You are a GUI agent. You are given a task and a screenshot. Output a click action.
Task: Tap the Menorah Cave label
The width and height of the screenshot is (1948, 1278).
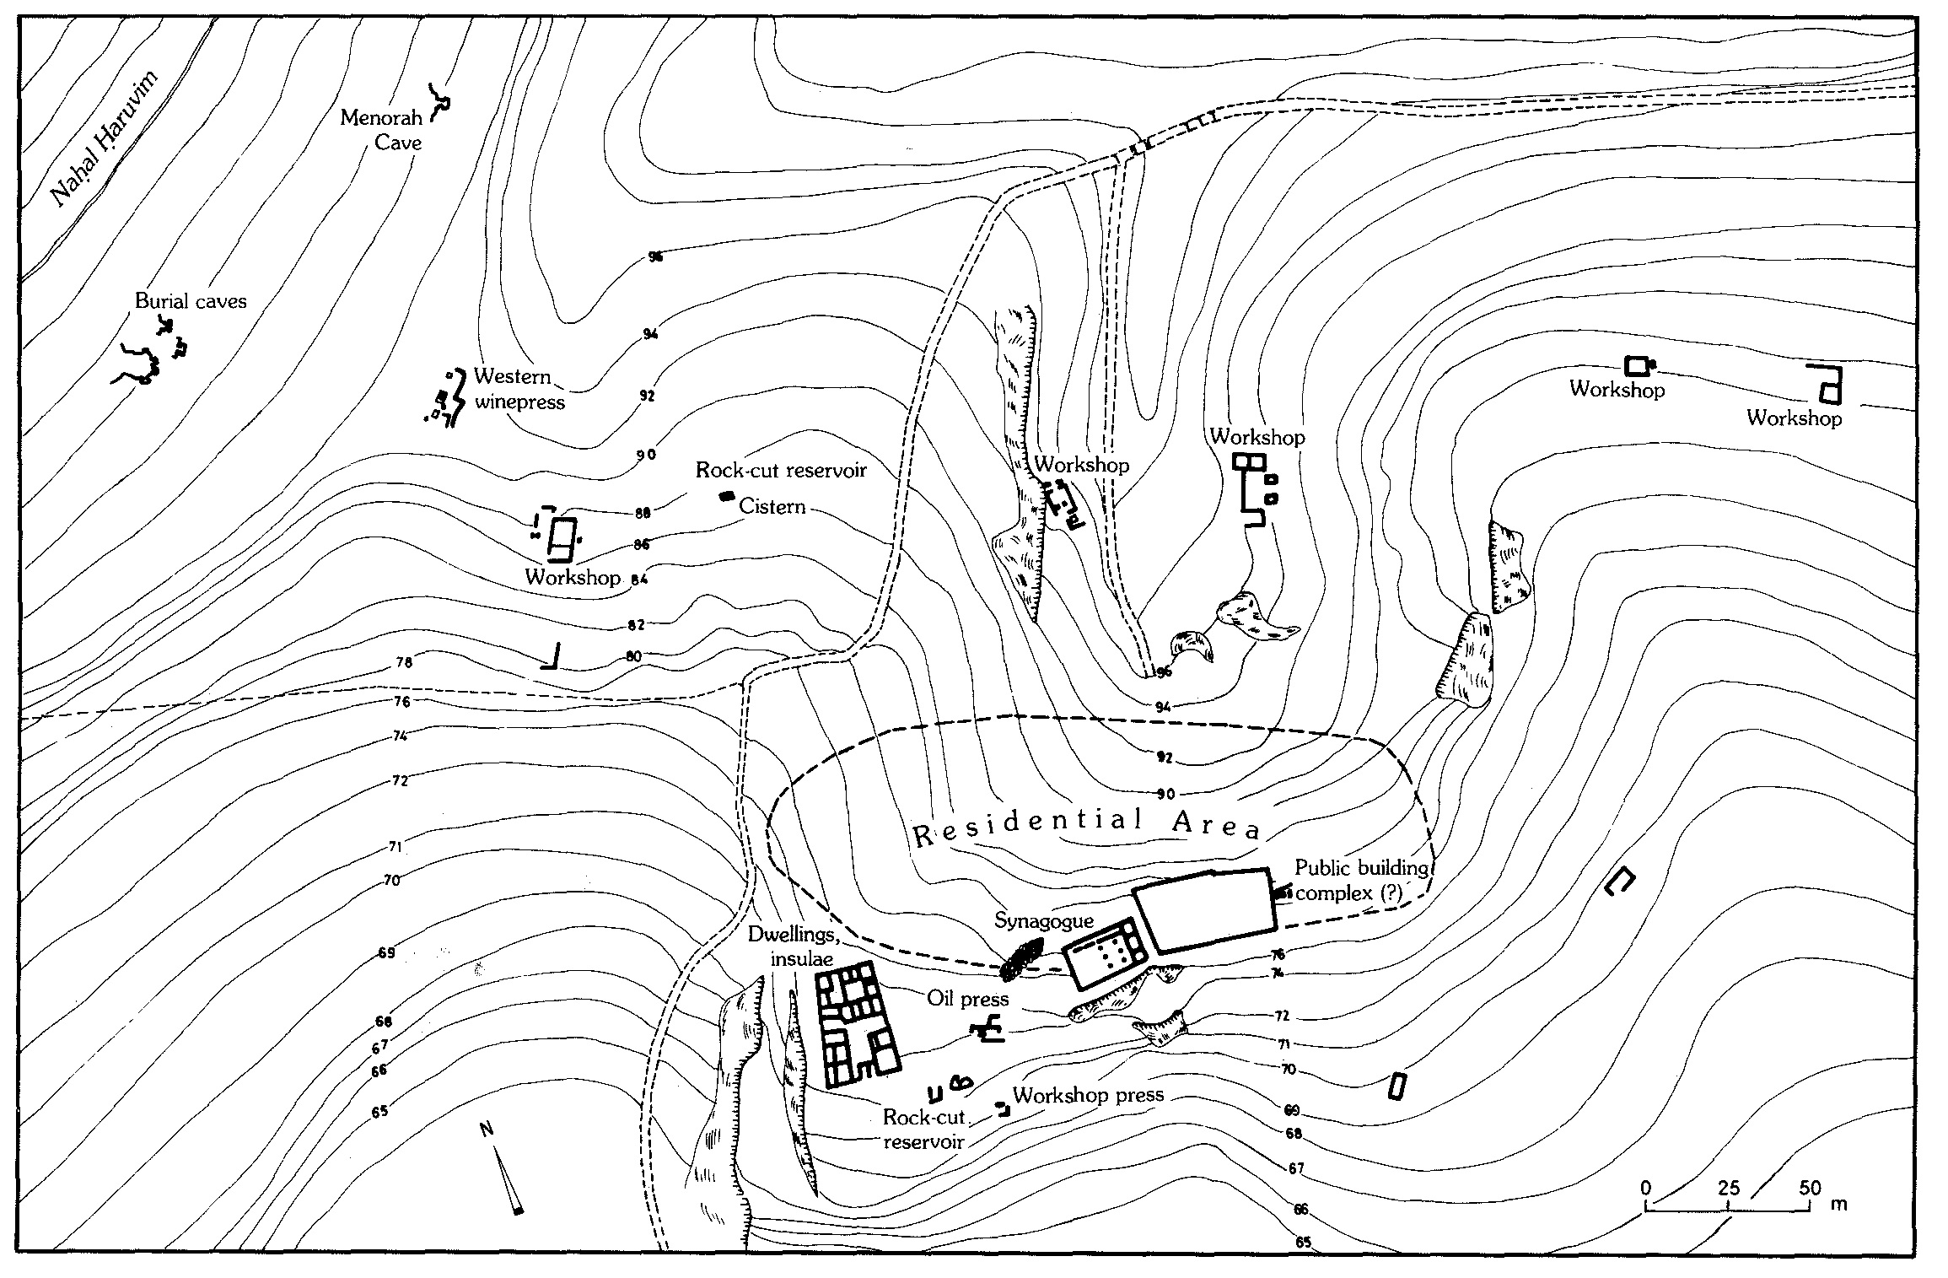click(x=381, y=129)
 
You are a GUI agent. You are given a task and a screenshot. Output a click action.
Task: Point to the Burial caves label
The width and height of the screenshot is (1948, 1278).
click(x=191, y=301)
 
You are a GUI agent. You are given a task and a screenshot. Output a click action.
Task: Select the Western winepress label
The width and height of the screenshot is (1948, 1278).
click(x=518, y=389)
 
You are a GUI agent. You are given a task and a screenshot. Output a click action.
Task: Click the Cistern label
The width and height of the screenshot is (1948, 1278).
click(x=772, y=506)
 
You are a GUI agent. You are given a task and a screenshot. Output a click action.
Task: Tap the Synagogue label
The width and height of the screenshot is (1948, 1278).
click(x=1043, y=920)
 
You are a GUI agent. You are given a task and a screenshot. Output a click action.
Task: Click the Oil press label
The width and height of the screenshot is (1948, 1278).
click(x=968, y=1000)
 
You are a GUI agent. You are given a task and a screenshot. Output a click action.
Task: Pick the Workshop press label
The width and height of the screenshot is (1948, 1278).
click(x=1088, y=1095)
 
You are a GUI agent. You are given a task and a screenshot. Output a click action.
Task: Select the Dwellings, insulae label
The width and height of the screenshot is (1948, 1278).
click(x=790, y=946)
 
